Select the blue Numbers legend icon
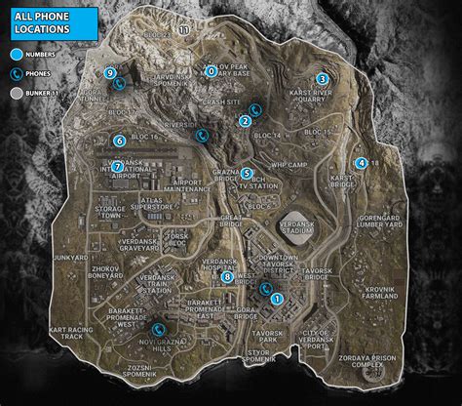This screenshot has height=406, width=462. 18,55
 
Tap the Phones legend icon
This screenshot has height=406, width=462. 18,73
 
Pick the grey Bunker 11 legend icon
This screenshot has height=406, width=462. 18,93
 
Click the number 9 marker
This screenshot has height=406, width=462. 110,72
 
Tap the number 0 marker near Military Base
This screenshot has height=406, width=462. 212,70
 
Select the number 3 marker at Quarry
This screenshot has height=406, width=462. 322,78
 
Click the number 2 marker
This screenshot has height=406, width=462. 245,121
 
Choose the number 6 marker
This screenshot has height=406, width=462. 119,141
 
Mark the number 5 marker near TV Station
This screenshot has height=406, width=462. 248,174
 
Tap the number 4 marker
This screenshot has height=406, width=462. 362,163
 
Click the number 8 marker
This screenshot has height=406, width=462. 227,277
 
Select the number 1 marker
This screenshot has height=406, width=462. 277,299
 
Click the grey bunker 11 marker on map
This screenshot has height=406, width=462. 184,31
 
